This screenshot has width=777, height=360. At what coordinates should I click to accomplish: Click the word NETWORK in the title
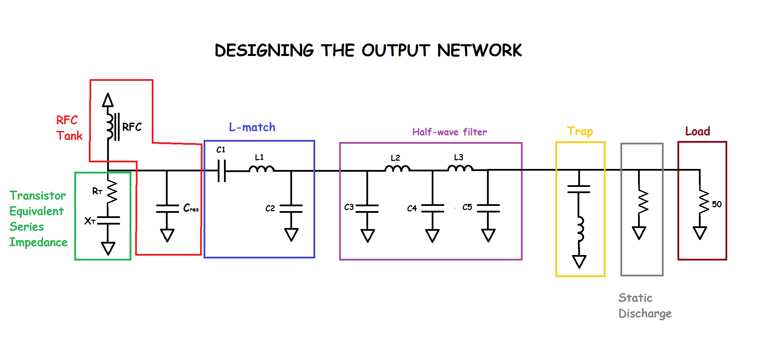tap(479, 50)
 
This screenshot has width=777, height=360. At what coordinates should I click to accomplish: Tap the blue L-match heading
tap(252, 127)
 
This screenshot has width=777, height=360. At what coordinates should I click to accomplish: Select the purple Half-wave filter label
tap(449, 132)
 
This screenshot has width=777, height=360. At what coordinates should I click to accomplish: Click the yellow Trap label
tap(580, 131)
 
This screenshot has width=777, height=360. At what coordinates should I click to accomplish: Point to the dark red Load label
tap(698, 131)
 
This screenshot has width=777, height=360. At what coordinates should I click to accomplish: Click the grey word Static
tap(635, 297)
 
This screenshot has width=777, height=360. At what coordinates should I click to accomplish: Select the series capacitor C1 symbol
tap(222, 171)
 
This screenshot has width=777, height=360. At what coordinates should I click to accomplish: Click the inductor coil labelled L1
tap(261, 169)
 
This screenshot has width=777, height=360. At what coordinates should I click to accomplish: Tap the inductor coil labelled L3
tap(460, 169)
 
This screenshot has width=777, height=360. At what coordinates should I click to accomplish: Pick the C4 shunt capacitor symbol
tap(432, 208)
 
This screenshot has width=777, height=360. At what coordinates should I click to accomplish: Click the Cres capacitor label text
tap(191, 208)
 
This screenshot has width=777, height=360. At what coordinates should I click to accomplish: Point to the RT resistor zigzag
tap(112, 192)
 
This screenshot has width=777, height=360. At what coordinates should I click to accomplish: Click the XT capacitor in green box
tap(108, 220)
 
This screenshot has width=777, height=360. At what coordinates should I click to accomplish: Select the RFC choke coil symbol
tap(110, 126)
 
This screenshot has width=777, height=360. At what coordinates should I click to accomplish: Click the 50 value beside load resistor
tap(717, 204)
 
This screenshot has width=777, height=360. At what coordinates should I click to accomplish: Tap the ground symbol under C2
tap(291, 234)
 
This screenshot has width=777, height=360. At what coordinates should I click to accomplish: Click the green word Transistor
tap(37, 196)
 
